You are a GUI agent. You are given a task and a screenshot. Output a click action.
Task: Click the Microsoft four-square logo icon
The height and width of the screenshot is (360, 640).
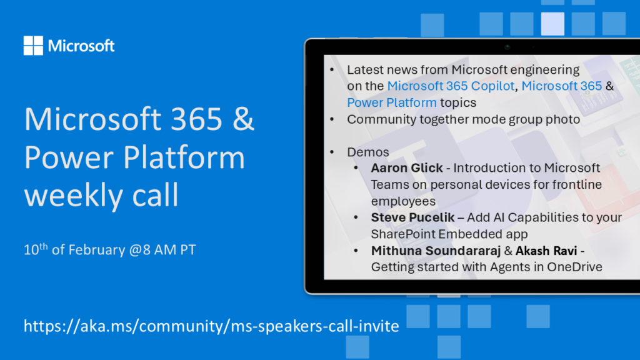[x=33, y=45]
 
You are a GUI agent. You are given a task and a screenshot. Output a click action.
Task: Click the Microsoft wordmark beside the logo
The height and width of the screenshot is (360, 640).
[x=81, y=46]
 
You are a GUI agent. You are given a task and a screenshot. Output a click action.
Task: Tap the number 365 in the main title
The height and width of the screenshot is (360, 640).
[x=197, y=119]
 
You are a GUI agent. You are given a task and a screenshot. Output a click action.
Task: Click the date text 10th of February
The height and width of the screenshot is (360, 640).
[x=75, y=249]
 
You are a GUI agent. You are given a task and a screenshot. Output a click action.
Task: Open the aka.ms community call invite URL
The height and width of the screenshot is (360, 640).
[x=211, y=326]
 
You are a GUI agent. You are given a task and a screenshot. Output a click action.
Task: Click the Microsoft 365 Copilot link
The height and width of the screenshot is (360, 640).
[x=451, y=86]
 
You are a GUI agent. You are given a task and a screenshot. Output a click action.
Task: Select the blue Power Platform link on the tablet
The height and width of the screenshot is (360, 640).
[x=392, y=102]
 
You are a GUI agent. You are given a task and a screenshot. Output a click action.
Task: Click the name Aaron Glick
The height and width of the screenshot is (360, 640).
[x=406, y=167]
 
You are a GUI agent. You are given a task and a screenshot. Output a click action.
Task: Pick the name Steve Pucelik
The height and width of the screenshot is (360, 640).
[x=412, y=217]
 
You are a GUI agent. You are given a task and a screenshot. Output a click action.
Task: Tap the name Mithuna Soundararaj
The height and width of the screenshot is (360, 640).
[x=436, y=251]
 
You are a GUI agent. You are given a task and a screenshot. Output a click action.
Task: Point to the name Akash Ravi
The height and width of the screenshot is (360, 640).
[x=546, y=251]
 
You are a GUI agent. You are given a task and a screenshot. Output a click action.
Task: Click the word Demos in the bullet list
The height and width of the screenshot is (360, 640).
[x=367, y=152]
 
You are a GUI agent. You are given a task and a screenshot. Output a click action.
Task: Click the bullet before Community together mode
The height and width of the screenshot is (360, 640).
[x=332, y=119]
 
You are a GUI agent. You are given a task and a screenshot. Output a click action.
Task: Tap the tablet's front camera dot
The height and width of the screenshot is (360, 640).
[x=507, y=47]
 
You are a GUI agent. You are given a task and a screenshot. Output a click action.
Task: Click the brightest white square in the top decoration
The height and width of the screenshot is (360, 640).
[x=552, y=24]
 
